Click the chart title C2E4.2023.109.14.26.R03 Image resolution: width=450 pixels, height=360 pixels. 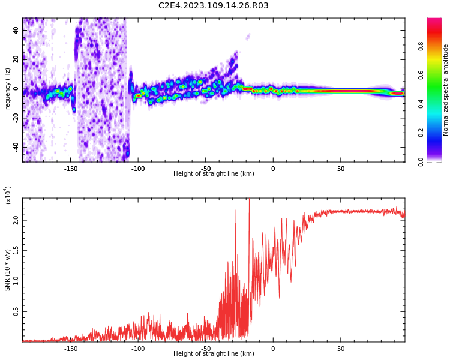pos(214,6)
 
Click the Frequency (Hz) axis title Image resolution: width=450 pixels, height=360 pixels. pos(8,90)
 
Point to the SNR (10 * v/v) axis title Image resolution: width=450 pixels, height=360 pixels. pos(8,270)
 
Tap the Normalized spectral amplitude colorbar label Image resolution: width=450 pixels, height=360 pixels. pos(446,90)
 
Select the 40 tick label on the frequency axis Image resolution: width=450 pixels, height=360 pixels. pos(16,31)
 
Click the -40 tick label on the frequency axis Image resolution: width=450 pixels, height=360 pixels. pos(15,146)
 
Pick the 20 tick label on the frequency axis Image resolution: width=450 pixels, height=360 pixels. pos(16,60)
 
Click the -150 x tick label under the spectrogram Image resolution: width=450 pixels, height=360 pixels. pos(70,168)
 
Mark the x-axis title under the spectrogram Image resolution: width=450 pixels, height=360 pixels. pos(214,174)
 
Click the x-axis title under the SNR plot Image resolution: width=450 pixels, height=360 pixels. pos(214,354)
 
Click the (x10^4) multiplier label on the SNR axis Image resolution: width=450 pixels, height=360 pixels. pos(8,194)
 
